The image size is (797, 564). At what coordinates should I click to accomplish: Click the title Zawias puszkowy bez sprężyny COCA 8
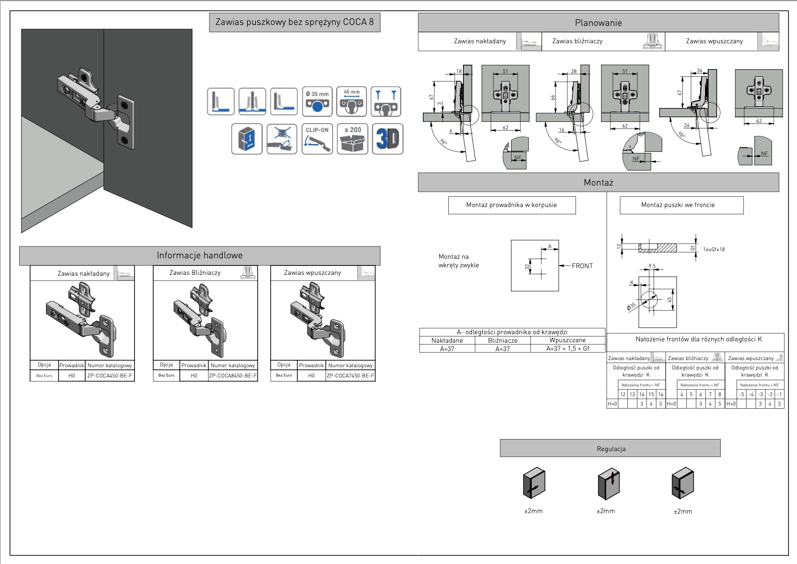pyautogui.click(x=295, y=22)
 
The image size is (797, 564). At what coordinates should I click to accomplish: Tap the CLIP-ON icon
pyautogui.click(x=317, y=139)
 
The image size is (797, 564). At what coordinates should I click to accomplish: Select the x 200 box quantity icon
pyautogui.click(x=352, y=139)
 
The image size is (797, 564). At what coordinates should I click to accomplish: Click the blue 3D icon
pyautogui.click(x=388, y=139)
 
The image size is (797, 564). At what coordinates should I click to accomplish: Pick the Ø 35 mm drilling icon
pyautogui.click(x=317, y=101)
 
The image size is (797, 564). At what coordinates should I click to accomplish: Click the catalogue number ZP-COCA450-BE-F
pyautogui.click(x=110, y=376)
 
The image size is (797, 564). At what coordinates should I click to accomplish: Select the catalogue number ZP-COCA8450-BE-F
pyautogui.click(x=233, y=376)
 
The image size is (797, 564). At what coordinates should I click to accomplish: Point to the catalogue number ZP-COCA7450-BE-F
pyautogui.click(x=351, y=376)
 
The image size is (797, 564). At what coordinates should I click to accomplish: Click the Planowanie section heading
pyautogui.click(x=598, y=23)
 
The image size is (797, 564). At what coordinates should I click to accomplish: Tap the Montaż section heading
pyautogui.click(x=598, y=182)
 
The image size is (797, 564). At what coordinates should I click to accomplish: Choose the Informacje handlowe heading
pyautogui.click(x=200, y=256)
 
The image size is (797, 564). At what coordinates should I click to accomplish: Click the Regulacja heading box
pyautogui.click(x=610, y=448)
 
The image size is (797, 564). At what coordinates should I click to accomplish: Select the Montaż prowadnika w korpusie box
pyautogui.click(x=512, y=205)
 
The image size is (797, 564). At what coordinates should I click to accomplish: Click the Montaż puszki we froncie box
pyautogui.click(x=678, y=205)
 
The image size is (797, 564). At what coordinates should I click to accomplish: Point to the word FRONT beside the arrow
pyautogui.click(x=582, y=266)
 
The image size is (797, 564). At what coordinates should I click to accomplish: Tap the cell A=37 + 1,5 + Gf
pyautogui.click(x=567, y=349)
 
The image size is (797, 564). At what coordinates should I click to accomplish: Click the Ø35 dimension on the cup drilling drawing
pyautogui.click(x=631, y=307)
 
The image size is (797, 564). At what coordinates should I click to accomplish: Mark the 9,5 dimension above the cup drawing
pyautogui.click(x=652, y=266)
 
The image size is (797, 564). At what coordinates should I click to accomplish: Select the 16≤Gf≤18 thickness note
pyautogui.click(x=714, y=249)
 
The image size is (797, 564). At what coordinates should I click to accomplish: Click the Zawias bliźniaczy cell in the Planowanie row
pyautogui.click(x=577, y=41)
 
